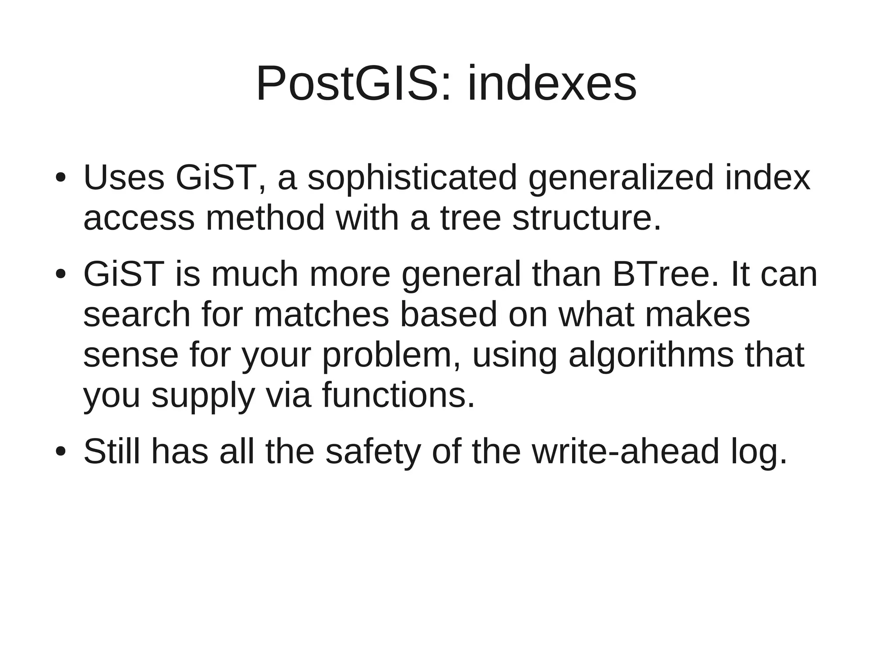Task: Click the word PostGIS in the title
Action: tap(346, 83)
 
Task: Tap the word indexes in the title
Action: tap(552, 83)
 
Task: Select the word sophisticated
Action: tap(412, 178)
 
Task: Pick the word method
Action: tap(265, 218)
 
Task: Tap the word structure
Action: tap(586, 218)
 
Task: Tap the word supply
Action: tap(203, 395)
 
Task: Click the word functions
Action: tap(398, 395)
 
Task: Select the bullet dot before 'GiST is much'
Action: tap(61, 275)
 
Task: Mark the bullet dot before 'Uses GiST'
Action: tap(61, 178)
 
